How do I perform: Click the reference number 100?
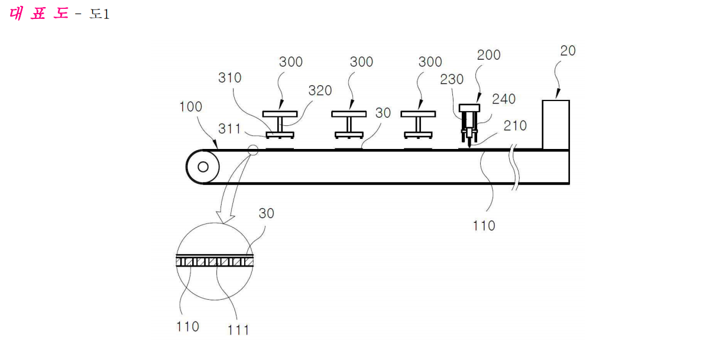[x=190, y=106]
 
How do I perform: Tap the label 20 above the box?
[x=568, y=50]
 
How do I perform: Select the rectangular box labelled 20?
[x=556, y=125]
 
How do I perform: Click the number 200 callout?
[x=488, y=55]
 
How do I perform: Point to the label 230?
[x=452, y=79]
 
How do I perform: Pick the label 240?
[x=503, y=99]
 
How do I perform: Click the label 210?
[x=514, y=125]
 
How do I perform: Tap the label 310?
[x=229, y=78]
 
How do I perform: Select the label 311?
[x=229, y=129]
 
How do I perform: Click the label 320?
[x=320, y=90]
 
